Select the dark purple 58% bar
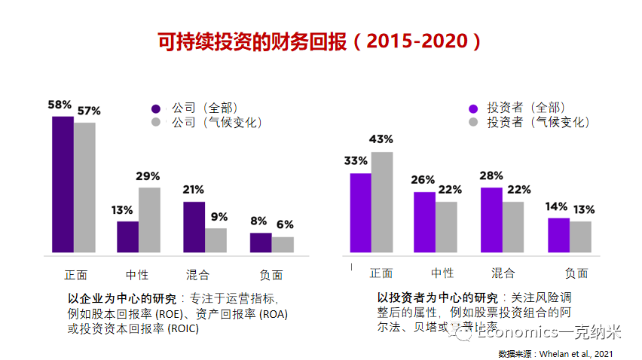point(63,185)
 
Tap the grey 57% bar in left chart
point(84,188)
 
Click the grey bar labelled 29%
point(149,220)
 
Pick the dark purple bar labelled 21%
point(194,227)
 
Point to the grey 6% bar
point(283,245)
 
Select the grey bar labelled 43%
point(382,203)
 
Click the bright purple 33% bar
point(360,213)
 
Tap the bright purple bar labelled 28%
point(491,220)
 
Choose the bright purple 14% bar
point(558,235)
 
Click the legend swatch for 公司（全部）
point(157,108)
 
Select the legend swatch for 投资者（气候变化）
point(473,122)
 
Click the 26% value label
point(423,180)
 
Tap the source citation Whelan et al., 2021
point(585,353)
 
